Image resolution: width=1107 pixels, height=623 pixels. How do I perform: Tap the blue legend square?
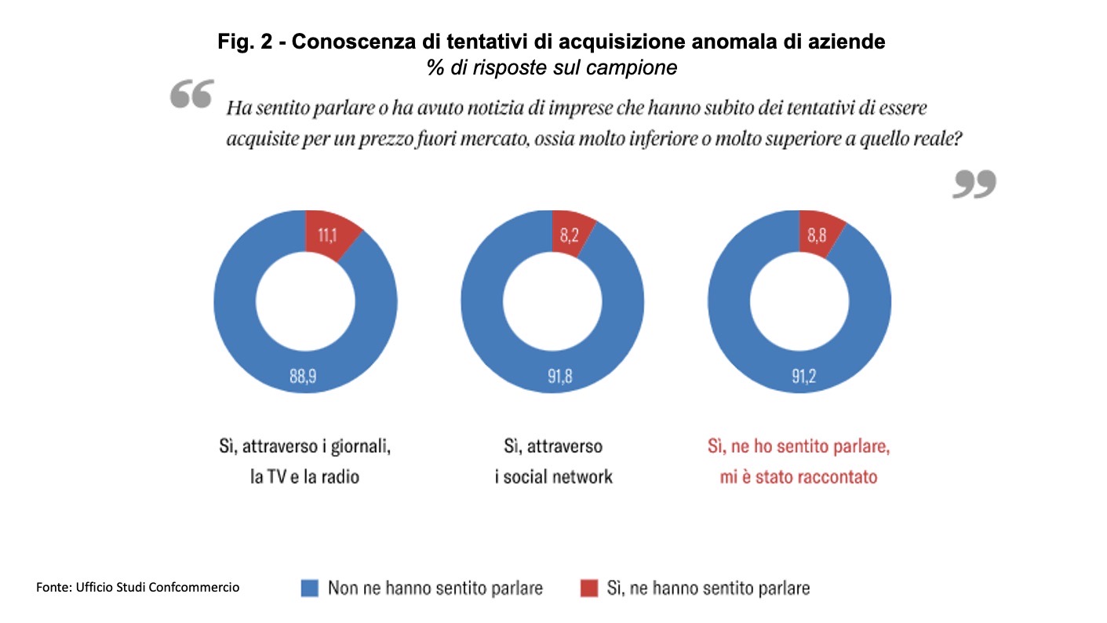point(310,588)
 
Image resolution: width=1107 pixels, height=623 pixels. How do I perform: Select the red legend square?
point(588,588)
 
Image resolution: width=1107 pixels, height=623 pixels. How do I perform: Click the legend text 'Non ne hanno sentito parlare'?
point(435,588)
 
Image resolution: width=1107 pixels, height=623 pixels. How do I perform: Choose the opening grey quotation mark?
point(191,97)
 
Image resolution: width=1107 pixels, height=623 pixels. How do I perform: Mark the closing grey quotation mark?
point(974,184)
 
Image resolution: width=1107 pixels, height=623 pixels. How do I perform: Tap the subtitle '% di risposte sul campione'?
point(552,67)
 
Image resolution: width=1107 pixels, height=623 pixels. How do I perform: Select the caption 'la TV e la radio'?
point(304,476)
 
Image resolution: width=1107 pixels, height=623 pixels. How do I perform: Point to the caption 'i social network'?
point(553,476)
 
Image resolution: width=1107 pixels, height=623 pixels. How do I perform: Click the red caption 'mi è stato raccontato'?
point(799,476)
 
